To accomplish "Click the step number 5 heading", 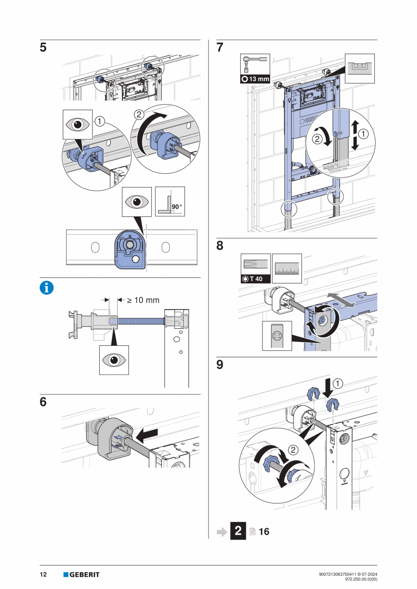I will click(x=43, y=48).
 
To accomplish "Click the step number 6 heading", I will click(x=43, y=402).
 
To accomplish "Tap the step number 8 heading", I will click(x=220, y=246).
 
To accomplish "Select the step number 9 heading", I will click(x=220, y=364).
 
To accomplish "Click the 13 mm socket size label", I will click(x=255, y=79).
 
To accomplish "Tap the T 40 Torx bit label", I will click(x=255, y=279).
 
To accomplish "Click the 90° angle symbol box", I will click(x=170, y=201).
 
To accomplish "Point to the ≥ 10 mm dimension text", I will click(x=143, y=300).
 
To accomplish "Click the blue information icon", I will click(x=46, y=288).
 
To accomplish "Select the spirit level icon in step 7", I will click(x=360, y=68).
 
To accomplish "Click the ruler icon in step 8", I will click(x=286, y=268).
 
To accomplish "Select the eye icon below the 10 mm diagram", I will click(x=114, y=360).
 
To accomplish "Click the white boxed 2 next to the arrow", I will click(x=238, y=531).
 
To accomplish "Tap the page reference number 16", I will click(x=264, y=532).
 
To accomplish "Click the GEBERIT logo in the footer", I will click(x=81, y=575).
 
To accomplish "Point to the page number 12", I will click(x=43, y=575).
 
